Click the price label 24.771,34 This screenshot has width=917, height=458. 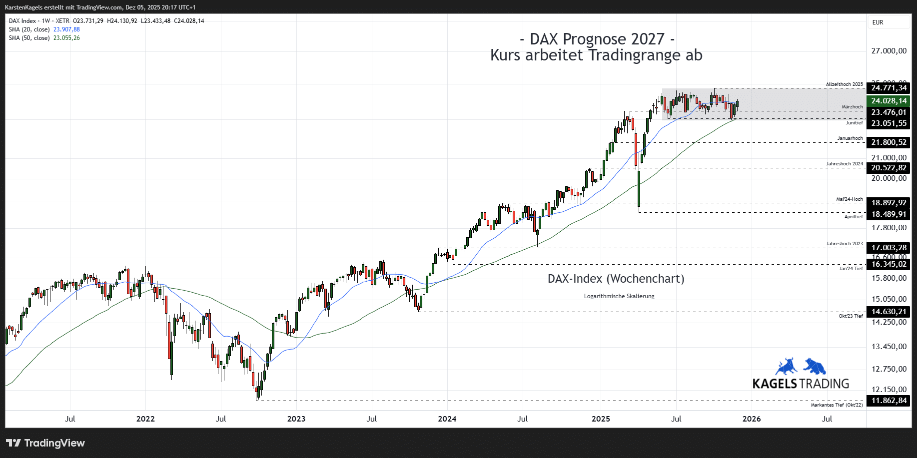[x=888, y=88]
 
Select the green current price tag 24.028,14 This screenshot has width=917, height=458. [x=888, y=101]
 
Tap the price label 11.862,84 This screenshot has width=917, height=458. [x=888, y=401]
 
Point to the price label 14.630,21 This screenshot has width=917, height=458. [x=888, y=312]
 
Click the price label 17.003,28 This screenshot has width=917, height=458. [x=888, y=248]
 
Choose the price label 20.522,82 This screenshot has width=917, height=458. [x=888, y=168]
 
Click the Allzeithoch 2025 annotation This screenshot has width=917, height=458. [x=844, y=84]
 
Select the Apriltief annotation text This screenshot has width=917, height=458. [x=854, y=217]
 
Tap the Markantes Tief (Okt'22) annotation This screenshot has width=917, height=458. [x=837, y=405]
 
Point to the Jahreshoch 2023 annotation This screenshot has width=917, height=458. [x=844, y=244]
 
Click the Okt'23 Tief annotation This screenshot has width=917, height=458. [x=851, y=316]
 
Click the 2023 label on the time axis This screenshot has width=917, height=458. [x=296, y=419]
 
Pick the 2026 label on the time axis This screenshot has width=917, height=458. [x=752, y=419]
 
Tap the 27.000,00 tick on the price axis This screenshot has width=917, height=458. [x=889, y=51]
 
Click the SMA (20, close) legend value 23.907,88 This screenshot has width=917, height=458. [x=66, y=29]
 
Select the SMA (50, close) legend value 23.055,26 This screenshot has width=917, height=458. [x=66, y=38]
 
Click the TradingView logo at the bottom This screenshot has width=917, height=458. [x=45, y=443]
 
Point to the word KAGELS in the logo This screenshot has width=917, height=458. [x=775, y=384]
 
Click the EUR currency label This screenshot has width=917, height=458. [x=878, y=22]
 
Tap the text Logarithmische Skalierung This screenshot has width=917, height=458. [x=619, y=296]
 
